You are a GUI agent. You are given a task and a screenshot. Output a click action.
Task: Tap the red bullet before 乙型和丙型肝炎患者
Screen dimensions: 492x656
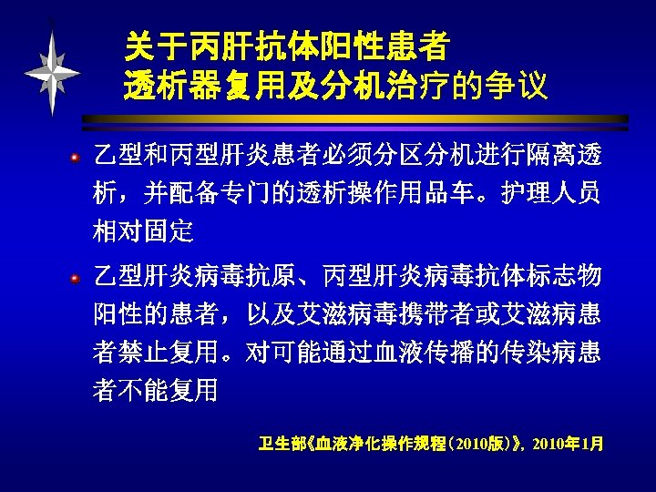[x=80, y=156]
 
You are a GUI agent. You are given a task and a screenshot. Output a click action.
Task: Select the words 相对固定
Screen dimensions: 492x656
[x=143, y=231]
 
